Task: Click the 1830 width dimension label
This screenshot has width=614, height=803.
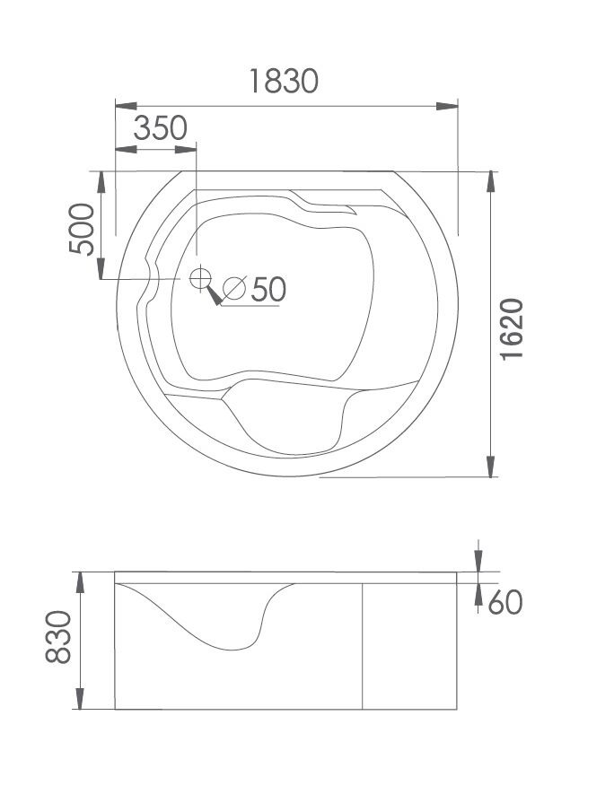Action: (284, 81)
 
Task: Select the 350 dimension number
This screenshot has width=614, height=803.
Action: (161, 128)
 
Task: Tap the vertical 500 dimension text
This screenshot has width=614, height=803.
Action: (82, 229)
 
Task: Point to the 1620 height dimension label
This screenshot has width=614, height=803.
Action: (512, 329)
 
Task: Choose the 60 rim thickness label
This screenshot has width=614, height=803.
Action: (504, 602)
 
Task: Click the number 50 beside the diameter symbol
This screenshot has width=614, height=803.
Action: (268, 289)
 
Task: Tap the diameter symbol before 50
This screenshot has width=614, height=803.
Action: (234, 288)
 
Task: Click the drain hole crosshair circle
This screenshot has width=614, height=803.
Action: (200, 278)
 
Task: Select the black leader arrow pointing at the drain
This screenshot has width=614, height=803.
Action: (215, 295)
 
